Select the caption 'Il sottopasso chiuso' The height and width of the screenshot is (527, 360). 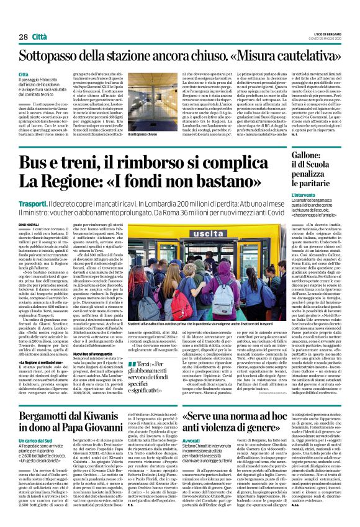142,134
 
